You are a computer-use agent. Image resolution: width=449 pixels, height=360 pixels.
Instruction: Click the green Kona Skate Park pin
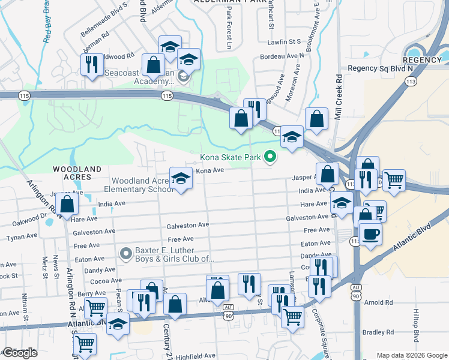(270, 157)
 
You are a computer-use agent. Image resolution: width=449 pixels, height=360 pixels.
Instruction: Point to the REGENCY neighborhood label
(421, 60)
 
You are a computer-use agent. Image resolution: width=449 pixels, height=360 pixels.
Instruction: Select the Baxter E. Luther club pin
(125, 254)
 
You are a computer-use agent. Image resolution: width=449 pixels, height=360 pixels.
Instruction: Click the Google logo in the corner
(20, 353)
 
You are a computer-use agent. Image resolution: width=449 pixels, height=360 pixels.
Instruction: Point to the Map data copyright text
(412, 355)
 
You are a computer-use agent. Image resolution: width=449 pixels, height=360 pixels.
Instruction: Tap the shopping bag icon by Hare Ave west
(68, 203)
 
